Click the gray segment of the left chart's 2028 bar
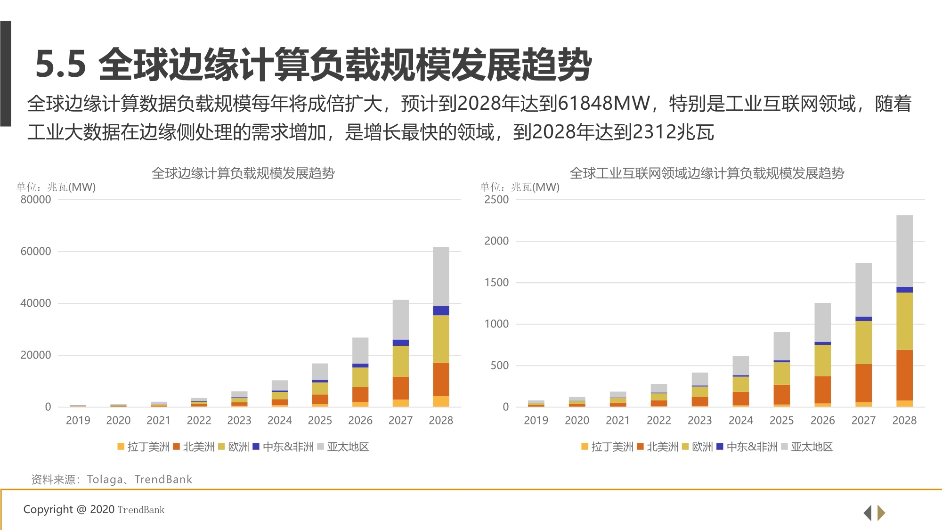pos(441,277)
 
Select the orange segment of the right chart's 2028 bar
pos(904,375)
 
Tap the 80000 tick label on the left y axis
pos(36,200)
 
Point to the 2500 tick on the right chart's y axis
pos(496,200)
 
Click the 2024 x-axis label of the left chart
pos(279,420)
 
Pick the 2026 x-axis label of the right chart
pos(822,420)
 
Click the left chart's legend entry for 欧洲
pos(234,447)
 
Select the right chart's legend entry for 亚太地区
pos(807,447)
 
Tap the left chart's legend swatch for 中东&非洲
pos(256,447)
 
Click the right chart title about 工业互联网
pos(706,173)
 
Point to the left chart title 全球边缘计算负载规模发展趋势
pos(243,173)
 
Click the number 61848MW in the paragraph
pos(603,104)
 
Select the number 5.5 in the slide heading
pos(60,65)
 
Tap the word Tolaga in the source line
pos(105,480)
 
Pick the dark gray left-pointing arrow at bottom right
pos(868,513)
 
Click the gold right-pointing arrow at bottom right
pos(882,513)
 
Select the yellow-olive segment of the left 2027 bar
pos(400,361)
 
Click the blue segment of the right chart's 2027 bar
pos(863,319)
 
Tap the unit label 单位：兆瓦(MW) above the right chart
pos(520,187)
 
